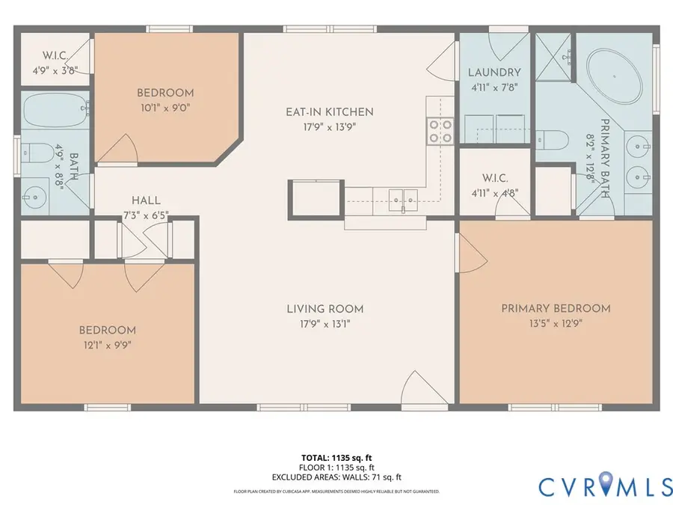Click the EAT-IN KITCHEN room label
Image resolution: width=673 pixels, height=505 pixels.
(x=329, y=112)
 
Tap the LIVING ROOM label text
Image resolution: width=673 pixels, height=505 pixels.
(x=325, y=308)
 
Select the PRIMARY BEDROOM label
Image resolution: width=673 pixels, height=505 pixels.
(x=556, y=308)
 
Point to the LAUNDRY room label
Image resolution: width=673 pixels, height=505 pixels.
(x=494, y=73)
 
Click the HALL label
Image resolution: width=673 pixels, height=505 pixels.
(x=145, y=201)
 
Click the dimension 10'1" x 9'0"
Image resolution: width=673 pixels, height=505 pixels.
(x=165, y=107)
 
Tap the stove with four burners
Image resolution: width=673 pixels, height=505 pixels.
(x=440, y=131)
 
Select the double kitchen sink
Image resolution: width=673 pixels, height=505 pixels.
(x=402, y=198)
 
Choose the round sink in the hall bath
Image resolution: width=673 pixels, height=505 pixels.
(x=34, y=198)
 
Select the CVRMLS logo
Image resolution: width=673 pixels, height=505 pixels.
(x=605, y=486)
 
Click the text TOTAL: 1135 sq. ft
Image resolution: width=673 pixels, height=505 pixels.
(x=336, y=456)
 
